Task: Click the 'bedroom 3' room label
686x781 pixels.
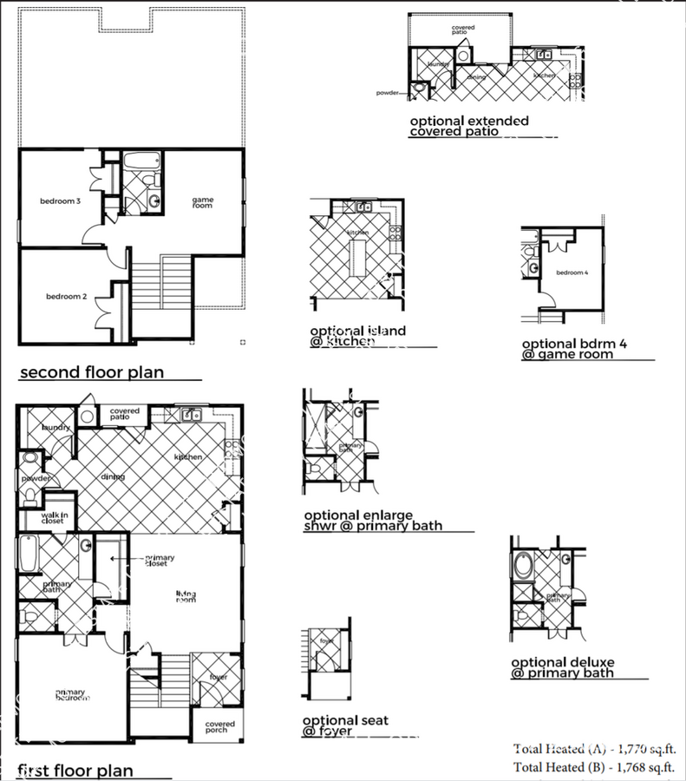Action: [x=60, y=201]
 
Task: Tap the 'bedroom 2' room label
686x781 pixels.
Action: [x=66, y=297]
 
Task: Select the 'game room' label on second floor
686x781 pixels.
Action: [x=202, y=203]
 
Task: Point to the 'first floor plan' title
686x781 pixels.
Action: [x=76, y=770]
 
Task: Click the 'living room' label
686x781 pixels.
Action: [x=186, y=596]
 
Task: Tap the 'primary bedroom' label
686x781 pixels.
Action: [x=70, y=694]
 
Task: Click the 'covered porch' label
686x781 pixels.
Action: [x=215, y=726]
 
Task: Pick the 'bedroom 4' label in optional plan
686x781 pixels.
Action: [x=572, y=273]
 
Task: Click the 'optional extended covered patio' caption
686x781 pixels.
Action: [x=468, y=127]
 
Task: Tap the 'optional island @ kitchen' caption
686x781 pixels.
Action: [x=357, y=336]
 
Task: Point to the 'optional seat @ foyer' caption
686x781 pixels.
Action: [x=345, y=725]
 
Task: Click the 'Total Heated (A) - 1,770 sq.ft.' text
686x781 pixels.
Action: [x=594, y=748]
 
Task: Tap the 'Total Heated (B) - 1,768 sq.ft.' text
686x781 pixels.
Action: [x=594, y=766]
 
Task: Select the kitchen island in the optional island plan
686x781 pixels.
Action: [x=357, y=259]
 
